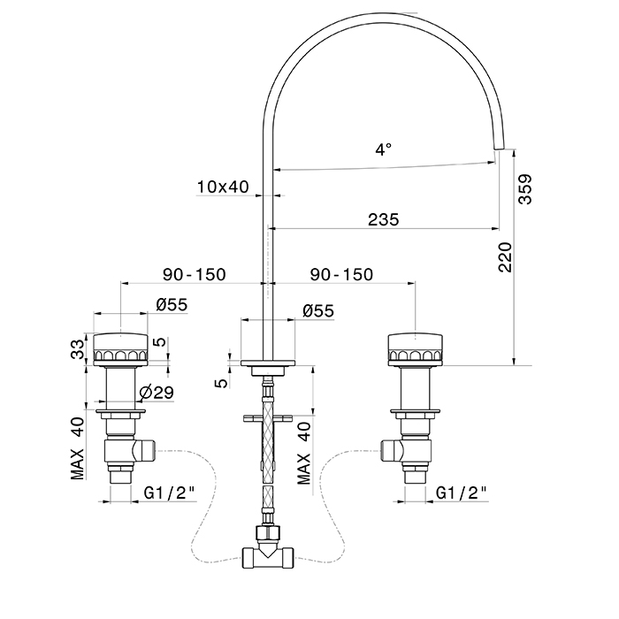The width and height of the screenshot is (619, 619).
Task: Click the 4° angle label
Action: [x=383, y=150]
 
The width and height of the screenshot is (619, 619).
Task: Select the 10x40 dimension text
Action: [x=223, y=187]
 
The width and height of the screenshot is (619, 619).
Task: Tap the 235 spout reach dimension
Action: [x=383, y=218]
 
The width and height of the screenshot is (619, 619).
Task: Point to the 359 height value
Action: [x=525, y=189]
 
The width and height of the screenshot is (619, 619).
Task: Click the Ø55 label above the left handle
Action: [x=172, y=304]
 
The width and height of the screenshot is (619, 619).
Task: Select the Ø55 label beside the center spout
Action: [x=317, y=310]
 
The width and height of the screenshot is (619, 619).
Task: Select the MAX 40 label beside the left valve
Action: [x=79, y=447]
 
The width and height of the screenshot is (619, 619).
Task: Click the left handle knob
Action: [x=118, y=348]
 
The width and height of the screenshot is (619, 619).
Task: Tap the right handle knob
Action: [x=412, y=348]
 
